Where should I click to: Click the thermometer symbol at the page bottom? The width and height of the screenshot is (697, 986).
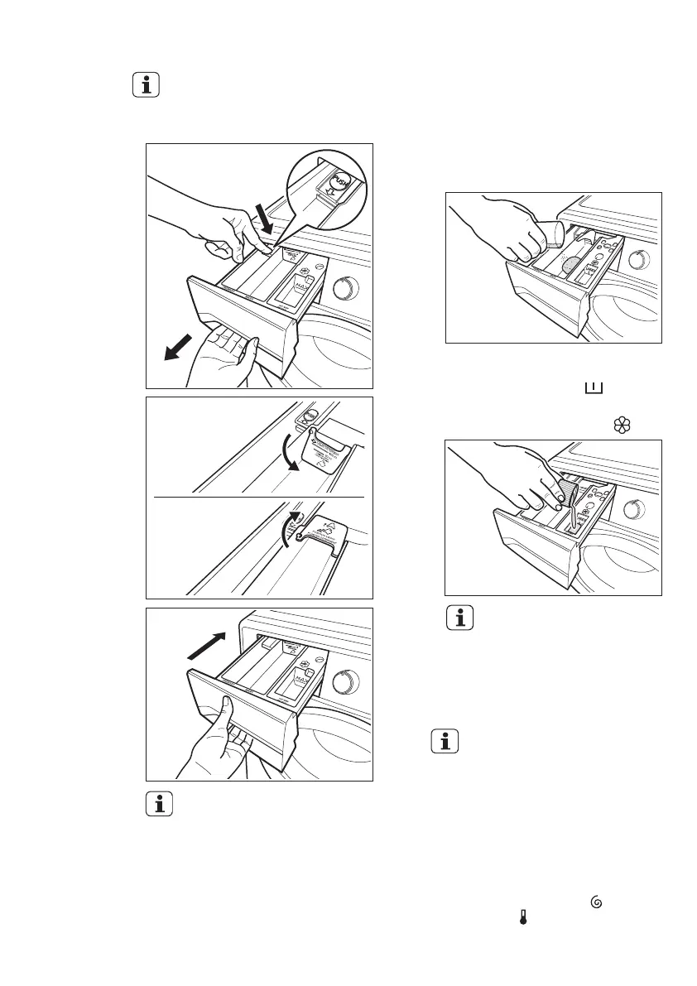click(523, 917)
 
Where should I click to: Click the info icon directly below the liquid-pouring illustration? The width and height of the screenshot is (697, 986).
click(458, 618)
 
